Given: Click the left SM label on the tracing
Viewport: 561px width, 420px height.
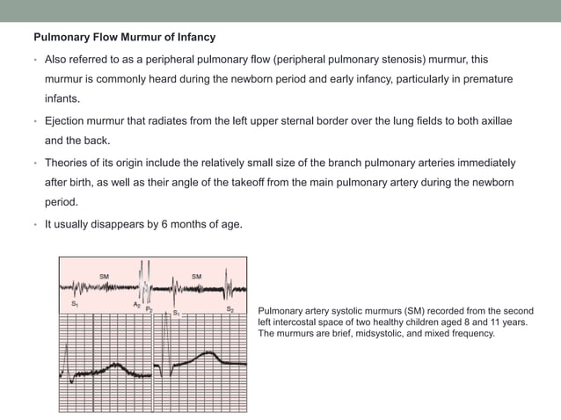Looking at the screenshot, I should click(104, 276).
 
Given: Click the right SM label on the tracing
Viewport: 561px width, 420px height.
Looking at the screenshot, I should click(196, 276).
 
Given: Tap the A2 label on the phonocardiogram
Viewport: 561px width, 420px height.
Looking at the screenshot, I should click(136, 305).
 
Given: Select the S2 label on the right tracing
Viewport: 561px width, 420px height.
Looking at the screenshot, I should click(229, 309).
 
